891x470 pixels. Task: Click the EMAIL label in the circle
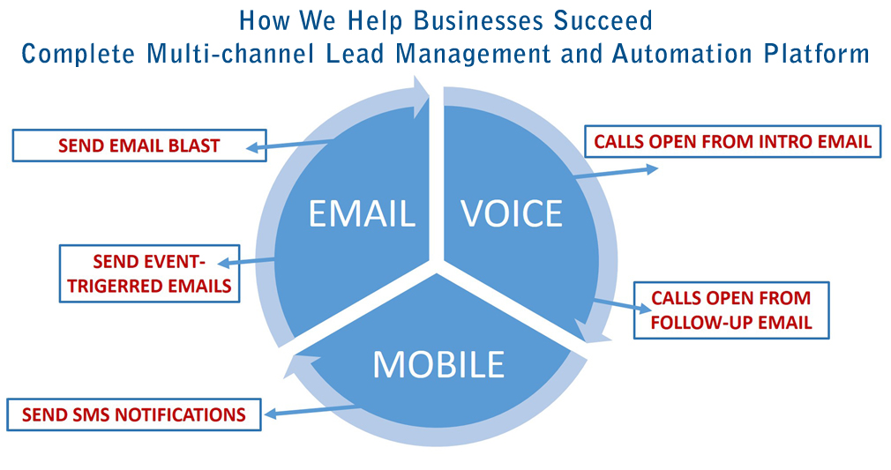point(362,214)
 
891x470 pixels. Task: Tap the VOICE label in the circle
point(512,214)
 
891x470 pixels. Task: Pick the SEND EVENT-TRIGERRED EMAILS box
point(149,273)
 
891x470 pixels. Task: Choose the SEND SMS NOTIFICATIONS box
point(133,414)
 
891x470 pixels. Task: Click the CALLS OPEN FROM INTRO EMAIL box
point(732,141)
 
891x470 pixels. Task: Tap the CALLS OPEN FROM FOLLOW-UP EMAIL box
point(730,310)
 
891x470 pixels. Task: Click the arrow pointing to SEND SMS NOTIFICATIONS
point(313,410)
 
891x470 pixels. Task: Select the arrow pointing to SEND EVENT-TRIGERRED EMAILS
point(247,261)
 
